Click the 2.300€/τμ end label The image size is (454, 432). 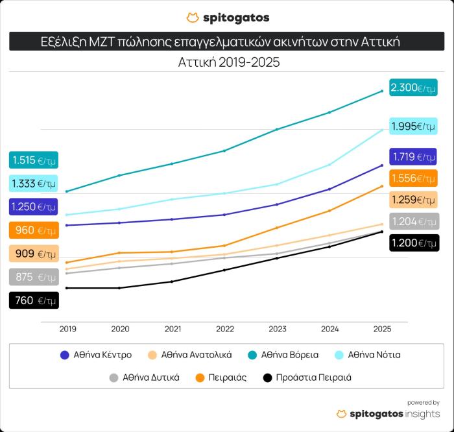(413, 87)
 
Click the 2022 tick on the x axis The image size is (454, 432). (225, 330)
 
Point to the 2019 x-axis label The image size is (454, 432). (67, 330)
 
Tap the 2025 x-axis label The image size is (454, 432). (383, 330)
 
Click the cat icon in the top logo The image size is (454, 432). (192, 18)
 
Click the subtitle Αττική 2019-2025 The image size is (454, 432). (227, 63)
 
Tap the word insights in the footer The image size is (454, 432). (422, 414)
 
